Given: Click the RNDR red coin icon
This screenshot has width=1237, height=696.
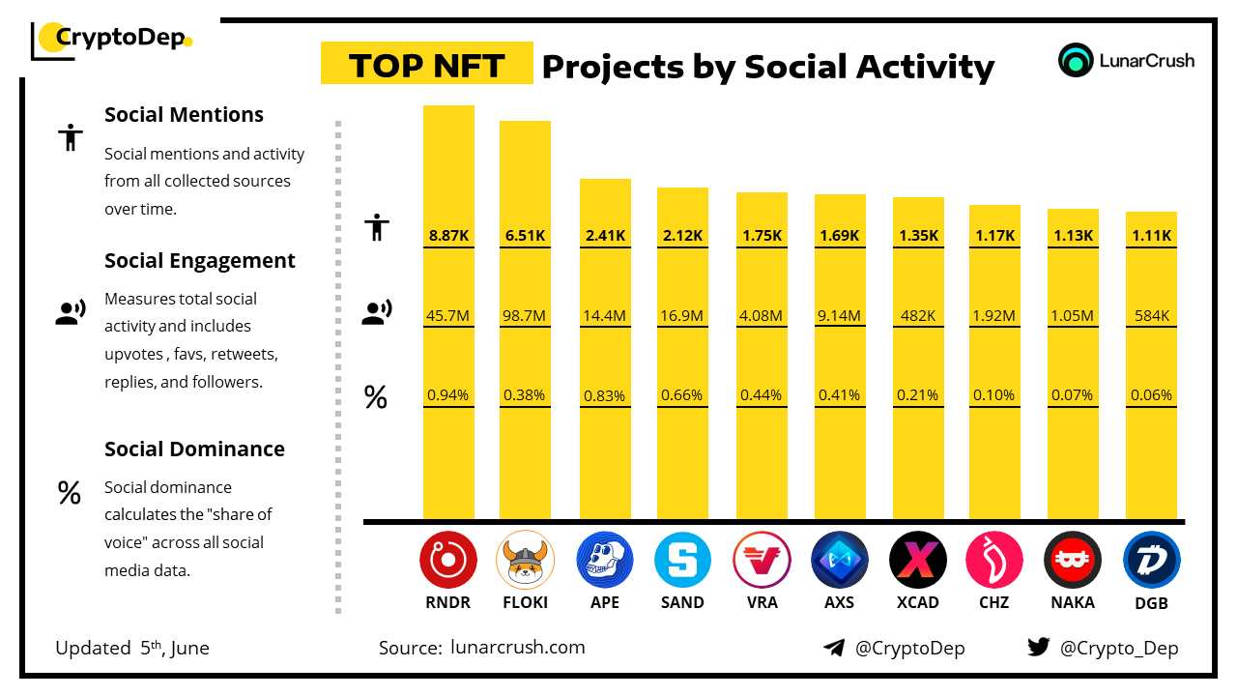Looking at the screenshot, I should [448, 561].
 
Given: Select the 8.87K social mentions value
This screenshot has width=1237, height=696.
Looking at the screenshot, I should [448, 235].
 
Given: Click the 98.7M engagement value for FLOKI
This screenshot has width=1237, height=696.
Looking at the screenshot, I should [525, 315].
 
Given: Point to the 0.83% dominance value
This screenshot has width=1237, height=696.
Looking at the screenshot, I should [605, 395].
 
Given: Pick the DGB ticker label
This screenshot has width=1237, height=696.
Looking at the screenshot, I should [1151, 603].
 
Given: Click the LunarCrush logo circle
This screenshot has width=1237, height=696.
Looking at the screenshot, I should [1075, 60].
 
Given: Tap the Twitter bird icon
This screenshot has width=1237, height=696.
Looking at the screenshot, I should [1039, 647].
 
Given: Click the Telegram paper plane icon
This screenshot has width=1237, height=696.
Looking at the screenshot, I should [834, 648].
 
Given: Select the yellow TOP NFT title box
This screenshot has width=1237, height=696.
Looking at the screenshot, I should [426, 64].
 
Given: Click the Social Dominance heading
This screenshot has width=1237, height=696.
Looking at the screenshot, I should [194, 449].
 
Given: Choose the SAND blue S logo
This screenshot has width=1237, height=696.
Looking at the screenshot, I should [682, 561].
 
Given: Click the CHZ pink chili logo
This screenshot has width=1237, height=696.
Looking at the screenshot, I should [994, 561].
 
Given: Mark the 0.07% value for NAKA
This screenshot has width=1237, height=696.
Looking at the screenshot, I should [1073, 395].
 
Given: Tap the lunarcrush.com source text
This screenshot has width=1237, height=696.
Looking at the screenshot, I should [517, 648].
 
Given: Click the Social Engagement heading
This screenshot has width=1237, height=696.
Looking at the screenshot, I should [200, 260].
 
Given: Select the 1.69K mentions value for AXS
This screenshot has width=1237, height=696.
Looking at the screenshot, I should [840, 235].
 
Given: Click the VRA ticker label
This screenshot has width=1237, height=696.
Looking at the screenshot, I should [761, 602].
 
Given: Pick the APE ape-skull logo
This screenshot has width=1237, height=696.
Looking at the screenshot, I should [605, 561].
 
